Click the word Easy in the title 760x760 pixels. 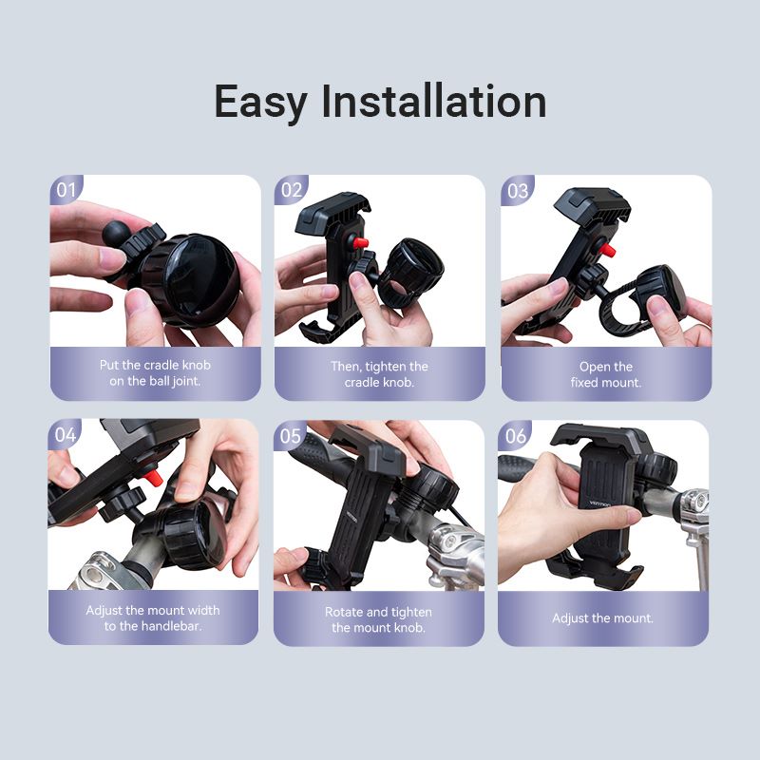259,102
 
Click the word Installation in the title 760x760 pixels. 433,102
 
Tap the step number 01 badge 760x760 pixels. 66,189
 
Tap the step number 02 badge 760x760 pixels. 291,189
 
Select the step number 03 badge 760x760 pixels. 517,190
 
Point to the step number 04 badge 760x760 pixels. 65,434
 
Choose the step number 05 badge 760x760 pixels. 290,435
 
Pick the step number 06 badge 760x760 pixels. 515,435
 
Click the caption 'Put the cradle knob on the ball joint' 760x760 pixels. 155,373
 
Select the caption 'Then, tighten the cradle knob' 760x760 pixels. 379,374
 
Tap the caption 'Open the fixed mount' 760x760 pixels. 605,374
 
